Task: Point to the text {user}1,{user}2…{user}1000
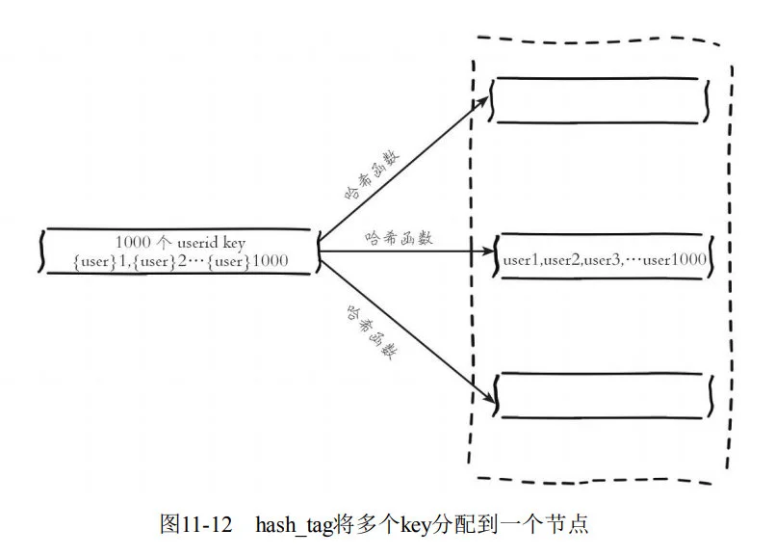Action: pyautogui.click(x=180, y=260)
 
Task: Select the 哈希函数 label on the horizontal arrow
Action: pyautogui.click(x=399, y=237)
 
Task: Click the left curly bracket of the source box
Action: pyautogui.click(x=42, y=251)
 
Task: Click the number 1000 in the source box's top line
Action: pyautogui.click(x=133, y=241)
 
